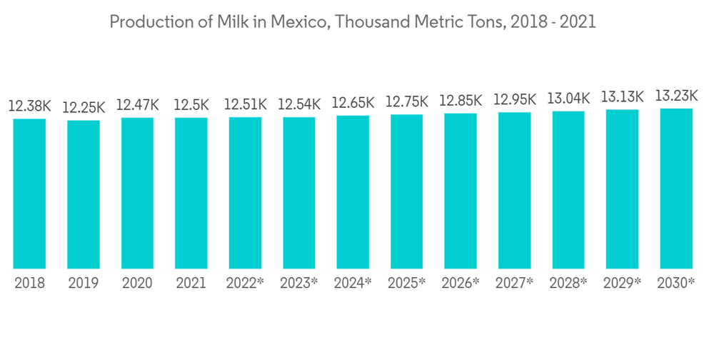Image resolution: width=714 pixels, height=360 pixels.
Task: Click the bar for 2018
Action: (x=29, y=193)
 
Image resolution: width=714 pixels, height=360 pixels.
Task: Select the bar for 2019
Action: (x=84, y=194)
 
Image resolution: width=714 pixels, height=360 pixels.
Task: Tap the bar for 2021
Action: (x=191, y=193)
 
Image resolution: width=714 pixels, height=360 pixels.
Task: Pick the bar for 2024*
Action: (x=353, y=192)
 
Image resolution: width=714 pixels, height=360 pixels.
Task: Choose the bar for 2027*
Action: (x=514, y=191)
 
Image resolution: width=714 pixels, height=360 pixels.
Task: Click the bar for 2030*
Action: (x=676, y=189)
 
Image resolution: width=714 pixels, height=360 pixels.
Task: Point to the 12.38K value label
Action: (x=29, y=106)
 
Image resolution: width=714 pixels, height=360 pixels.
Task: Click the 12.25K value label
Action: (x=84, y=108)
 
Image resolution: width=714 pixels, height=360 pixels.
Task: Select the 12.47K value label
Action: (x=137, y=105)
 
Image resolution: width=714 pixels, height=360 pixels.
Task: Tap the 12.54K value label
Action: (x=299, y=104)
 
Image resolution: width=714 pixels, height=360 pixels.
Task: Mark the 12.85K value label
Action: (x=461, y=101)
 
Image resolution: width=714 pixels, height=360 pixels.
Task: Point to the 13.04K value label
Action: (x=568, y=98)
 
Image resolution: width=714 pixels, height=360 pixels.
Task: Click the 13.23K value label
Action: (x=676, y=96)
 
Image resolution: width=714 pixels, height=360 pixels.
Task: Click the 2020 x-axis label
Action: (x=137, y=283)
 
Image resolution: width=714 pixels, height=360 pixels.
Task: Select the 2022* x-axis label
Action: (x=245, y=283)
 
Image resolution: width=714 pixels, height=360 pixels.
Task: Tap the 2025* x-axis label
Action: (x=407, y=283)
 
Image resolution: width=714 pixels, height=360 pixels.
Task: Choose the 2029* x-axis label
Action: (x=622, y=283)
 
